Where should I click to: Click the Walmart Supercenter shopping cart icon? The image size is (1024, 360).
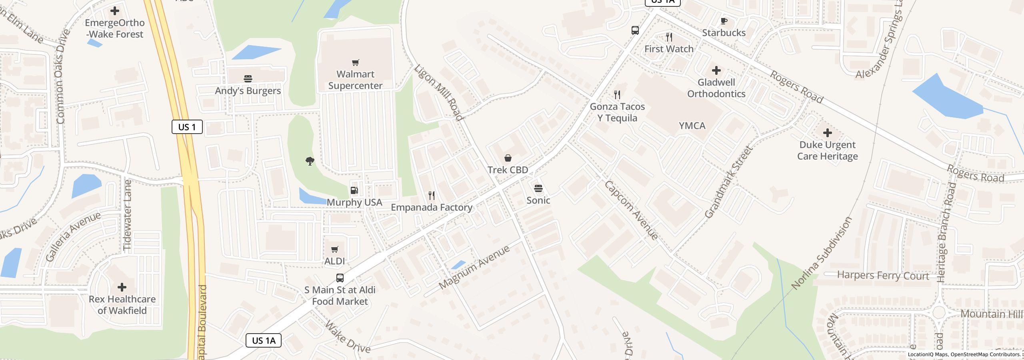pyautogui.click(x=355, y=62)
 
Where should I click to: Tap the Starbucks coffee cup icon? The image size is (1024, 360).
pyautogui.click(x=724, y=21)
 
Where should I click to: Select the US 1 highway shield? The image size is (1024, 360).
pyautogui.click(x=187, y=127)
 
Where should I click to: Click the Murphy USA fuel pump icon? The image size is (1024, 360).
pyautogui.click(x=354, y=190)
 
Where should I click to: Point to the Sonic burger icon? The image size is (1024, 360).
pyautogui.click(x=538, y=188)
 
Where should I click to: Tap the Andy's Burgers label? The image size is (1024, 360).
pyautogui.click(x=248, y=91)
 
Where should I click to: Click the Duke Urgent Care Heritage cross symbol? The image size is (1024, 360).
pyautogui.click(x=827, y=133)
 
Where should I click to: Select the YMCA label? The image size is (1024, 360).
pyautogui.click(x=692, y=126)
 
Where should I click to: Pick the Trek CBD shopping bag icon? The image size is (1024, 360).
pyautogui.click(x=508, y=158)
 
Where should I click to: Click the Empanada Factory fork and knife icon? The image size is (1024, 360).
pyautogui.click(x=431, y=196)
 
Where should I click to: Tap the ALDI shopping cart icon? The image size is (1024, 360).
pyautogui.click(x=334, y=250)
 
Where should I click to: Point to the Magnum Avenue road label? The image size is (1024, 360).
pyautogui.click(x=474, y=268)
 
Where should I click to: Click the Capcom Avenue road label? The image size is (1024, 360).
pyautogui.click(x=631, y=210)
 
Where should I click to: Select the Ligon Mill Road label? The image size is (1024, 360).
pyautogui.click(x=438, y=92)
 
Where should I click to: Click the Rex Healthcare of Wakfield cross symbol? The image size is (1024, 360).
pyautogui.click(x=122, y=287)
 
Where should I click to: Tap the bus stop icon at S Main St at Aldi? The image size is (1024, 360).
pyautogui.click(x=340, y=278)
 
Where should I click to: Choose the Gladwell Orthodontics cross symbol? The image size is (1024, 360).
pyautogui.click(x=716, y=71)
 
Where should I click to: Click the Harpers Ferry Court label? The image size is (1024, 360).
pyautogui.click(x=883, y=276)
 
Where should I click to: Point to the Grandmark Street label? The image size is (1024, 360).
pyautogui.click(x=728, y=182)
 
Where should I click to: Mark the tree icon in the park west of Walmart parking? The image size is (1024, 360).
pyautogui.click(x=310, y=161)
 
